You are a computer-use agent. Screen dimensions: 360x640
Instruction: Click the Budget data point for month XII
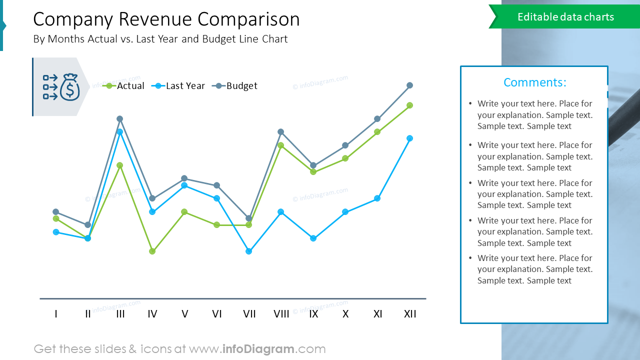point(409,85)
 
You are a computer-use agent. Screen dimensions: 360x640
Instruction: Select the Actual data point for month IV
point(152,251)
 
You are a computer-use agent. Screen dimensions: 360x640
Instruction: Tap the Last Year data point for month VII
point(249,251)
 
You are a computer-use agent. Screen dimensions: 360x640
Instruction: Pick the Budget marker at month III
point(120,119)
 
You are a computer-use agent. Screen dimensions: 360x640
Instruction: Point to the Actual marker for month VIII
point(281,145)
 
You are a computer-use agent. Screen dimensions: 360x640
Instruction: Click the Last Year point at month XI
point(377,198)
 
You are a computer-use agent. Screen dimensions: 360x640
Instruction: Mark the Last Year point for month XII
point(409,138)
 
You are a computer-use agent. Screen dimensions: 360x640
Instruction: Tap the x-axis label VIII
point(281,314)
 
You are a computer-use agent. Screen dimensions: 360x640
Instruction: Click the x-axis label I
point(56,314)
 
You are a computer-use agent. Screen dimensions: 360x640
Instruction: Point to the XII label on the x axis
point(410,314)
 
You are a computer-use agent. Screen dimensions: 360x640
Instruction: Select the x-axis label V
point(185,314)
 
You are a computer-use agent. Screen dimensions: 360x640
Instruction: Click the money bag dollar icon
point(69,87)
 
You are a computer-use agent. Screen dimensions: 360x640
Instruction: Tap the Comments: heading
point(534,82)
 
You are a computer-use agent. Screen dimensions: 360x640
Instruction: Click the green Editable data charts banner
point(565,17)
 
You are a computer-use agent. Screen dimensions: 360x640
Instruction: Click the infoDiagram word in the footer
point(258,349)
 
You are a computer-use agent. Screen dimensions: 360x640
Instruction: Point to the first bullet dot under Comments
point(470,104)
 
